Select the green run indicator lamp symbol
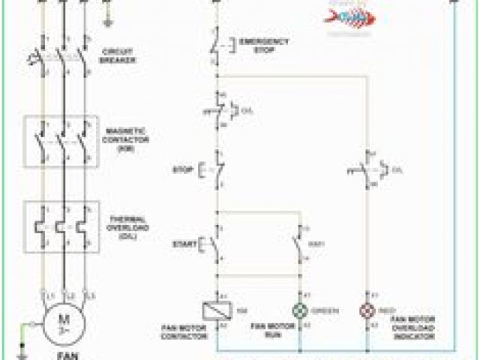(x=300, y=310)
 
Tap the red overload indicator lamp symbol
(x=368, y=310)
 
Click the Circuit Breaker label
(x=118, y=56)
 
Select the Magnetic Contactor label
(x=124, y=139)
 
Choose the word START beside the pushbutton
(x=184, y=244)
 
